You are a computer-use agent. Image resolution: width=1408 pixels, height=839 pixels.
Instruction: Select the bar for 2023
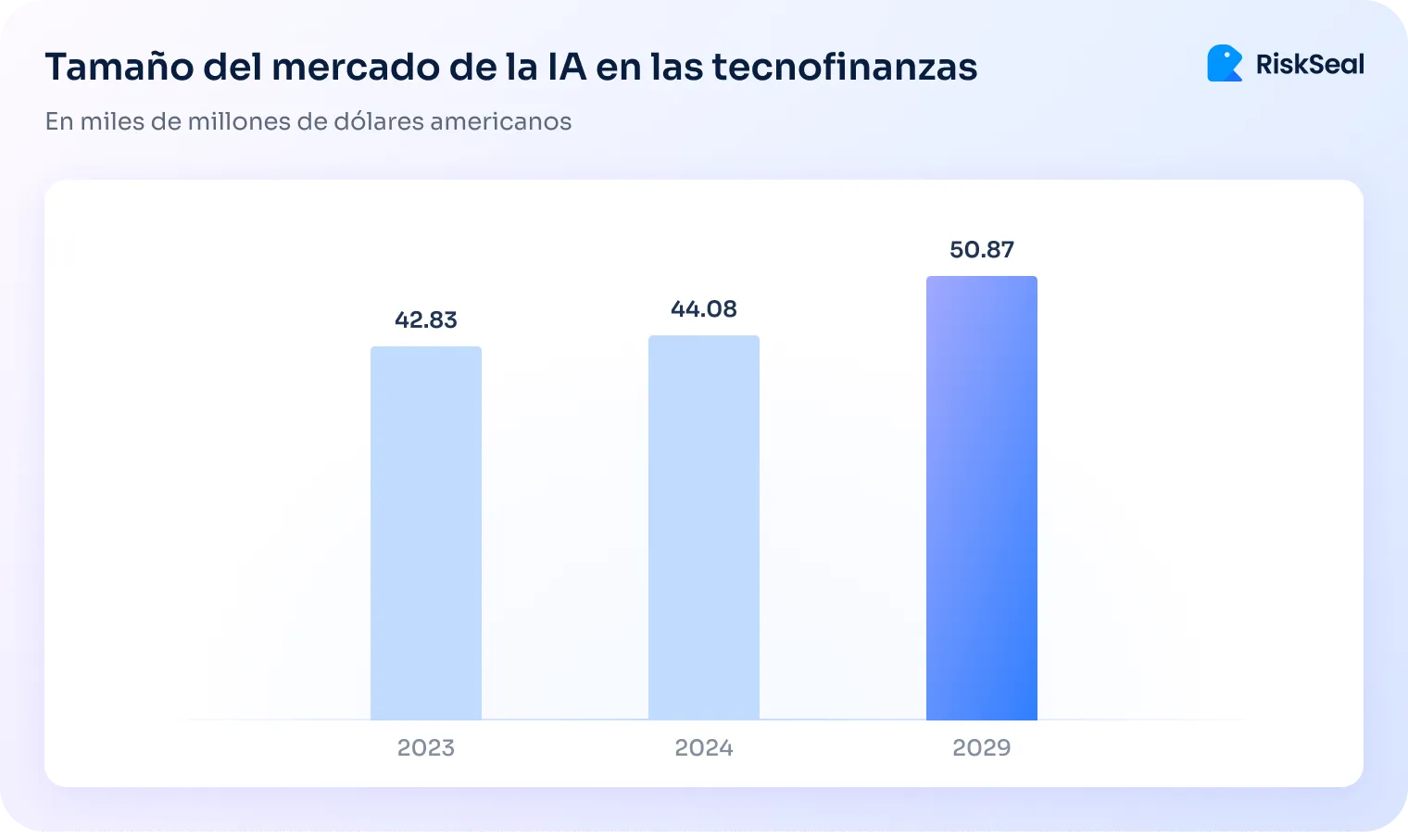426,533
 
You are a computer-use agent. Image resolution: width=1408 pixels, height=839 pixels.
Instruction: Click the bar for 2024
704,528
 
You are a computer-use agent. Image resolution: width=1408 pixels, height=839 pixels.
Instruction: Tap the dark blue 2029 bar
982,498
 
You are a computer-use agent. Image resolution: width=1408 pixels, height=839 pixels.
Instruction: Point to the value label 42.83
426,319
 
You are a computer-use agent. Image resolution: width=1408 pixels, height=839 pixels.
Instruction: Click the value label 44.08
704,308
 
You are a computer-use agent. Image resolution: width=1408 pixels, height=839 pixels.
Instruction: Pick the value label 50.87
982,249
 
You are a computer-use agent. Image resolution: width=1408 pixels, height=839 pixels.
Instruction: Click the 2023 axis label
426,747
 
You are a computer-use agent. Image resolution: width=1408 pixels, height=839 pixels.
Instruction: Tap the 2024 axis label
704,747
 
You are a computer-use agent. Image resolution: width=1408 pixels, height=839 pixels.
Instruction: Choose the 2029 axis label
982,747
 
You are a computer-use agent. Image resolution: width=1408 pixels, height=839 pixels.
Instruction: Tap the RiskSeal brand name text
1310,64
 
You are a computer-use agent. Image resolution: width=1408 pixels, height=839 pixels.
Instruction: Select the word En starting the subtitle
58,121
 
